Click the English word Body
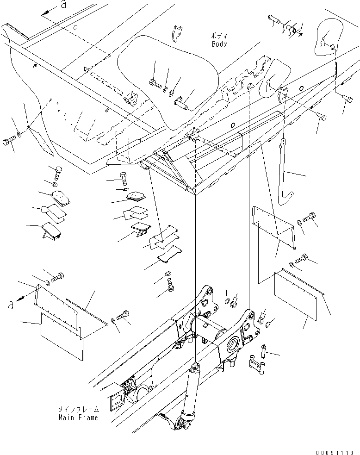click(219, 44)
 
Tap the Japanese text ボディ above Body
click(219, 36)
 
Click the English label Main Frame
click(78, 417)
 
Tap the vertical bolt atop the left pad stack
click(58, 172)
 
